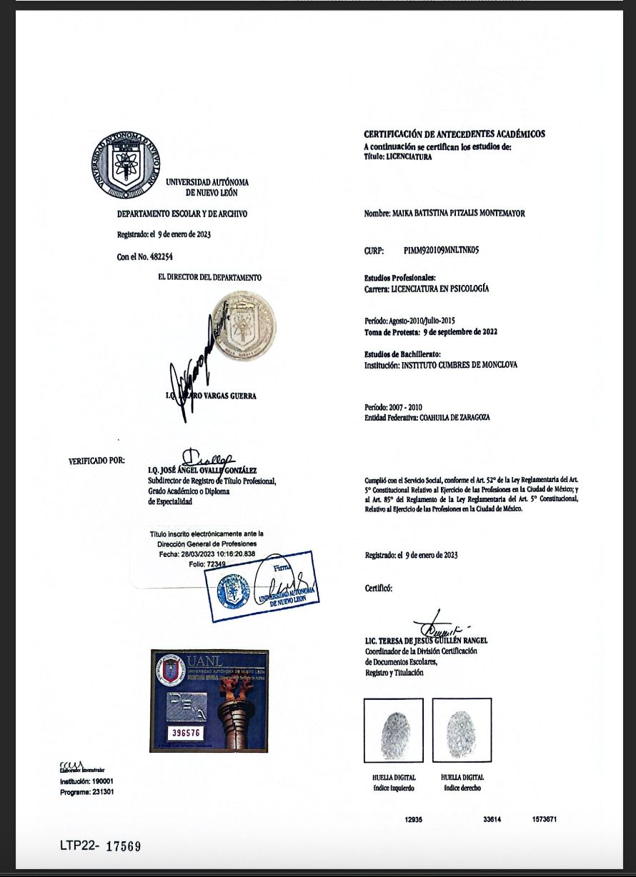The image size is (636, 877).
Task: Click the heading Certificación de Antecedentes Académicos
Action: click(x=454, y=134)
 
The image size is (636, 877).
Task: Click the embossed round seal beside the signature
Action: click(x=244, y=325)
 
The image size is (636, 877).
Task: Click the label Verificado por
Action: click(x=96, y=460)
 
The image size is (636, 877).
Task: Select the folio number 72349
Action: click(x=216, y=564)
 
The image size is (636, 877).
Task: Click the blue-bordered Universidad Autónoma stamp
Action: click(x=263, y=586)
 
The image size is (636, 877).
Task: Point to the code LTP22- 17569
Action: click(x=100, y=846)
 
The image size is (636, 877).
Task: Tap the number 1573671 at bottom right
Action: click(x=544, y=819)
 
